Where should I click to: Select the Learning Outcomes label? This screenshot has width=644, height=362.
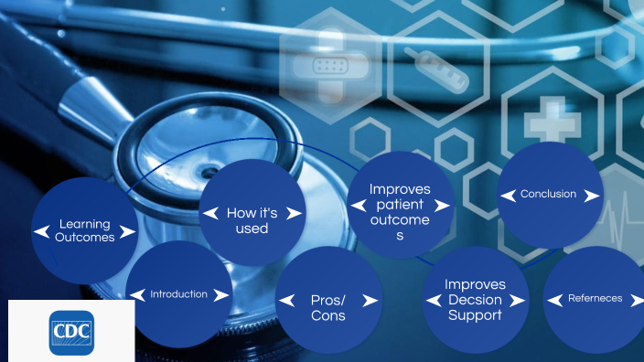[84, 230]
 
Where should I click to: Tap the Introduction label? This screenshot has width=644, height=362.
[178, 294]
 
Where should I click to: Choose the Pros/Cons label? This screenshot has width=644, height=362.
[328, 307]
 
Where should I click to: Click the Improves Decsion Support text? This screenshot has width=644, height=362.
[475, 300]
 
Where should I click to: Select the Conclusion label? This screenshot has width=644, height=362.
[548, 194]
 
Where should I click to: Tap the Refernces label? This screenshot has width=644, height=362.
[595, 298]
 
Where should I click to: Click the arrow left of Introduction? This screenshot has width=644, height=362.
[137, 294]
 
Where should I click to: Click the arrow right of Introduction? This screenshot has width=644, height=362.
[220, 294]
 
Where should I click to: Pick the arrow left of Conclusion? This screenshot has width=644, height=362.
[508, 195]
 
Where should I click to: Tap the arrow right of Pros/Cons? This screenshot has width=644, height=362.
[370, 300]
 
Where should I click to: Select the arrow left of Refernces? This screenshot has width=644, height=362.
[554, 299]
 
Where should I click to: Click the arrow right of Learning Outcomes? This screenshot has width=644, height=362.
[127, 232]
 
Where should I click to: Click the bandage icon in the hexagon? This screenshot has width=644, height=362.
[327, 65]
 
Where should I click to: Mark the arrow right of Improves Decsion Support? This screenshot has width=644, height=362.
[518, 300]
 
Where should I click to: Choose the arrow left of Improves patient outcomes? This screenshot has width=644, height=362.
[358, 206]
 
